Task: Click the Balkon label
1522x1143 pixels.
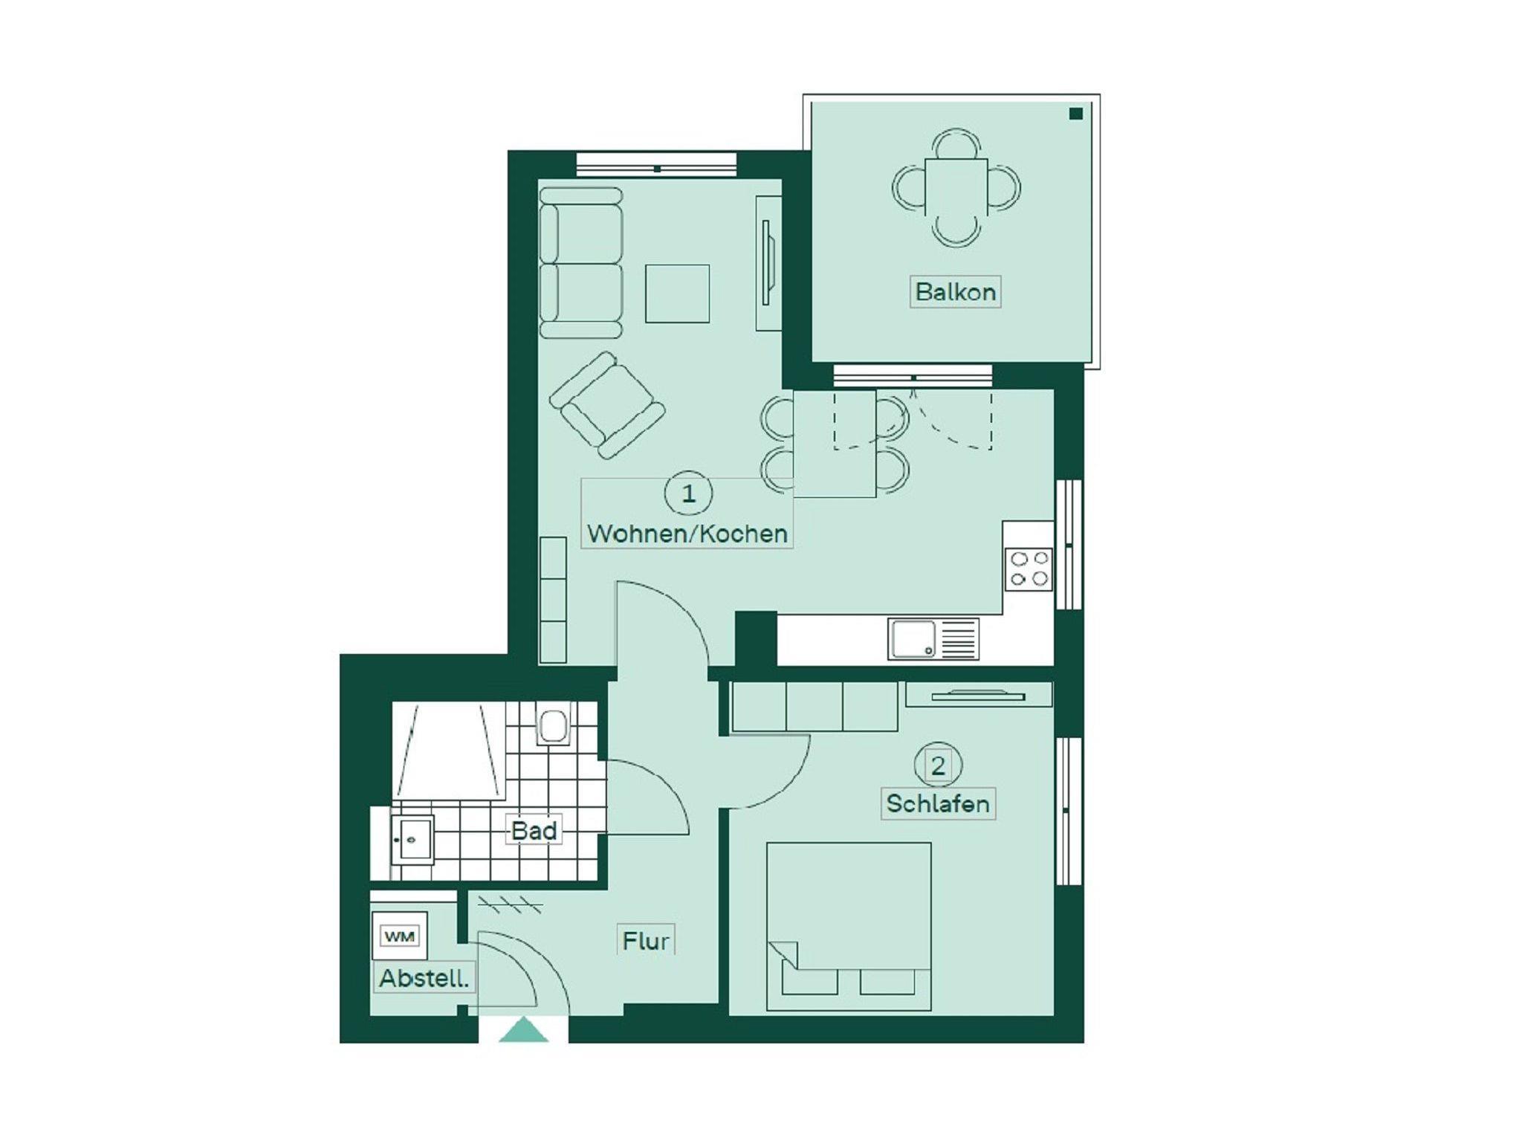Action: [x=955, y=291]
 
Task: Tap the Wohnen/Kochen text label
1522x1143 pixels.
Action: [x=687, y=534]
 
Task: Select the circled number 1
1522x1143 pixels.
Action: [x=688, y=493]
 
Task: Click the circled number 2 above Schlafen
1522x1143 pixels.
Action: [x=938, y=765]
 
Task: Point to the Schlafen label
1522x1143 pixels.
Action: [x=938, y=803]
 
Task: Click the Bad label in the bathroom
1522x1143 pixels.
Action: [x=534, y=830]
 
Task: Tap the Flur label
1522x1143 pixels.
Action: [x=646, y=941]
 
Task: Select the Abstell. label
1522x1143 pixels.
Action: [x=424, y=978]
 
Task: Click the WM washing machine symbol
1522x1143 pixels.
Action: [x=400, y=936]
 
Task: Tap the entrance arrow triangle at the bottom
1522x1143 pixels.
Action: [x=523, y=1030]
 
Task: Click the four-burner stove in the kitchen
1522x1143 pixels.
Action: [x=1029, y=569]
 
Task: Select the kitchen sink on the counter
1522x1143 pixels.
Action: [x=933, y=639]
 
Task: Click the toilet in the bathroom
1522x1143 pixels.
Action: [x=552, y=725]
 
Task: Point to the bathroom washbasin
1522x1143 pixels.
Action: [x=412, y=839]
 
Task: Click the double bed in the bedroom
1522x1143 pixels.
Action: [x=849, y=926]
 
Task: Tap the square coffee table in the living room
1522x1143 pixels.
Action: [x=677, y=294]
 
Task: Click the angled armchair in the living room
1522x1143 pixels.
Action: [x=607, y=405]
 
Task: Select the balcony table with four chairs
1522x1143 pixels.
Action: [x=956, y=187]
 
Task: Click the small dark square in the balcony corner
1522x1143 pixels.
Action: [x=1076, y=114]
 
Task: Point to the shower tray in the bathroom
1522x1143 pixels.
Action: [x=449, y=751]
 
